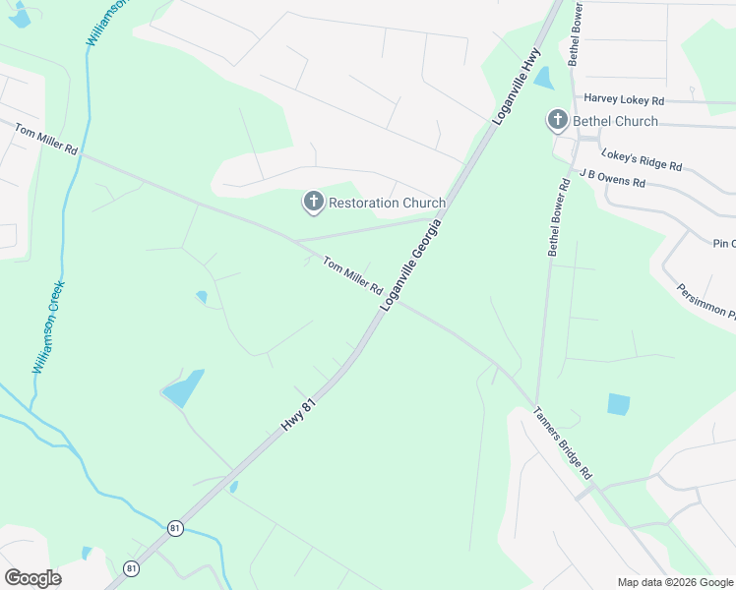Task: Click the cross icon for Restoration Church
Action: [313, 203]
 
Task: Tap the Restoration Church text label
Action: [387, 204]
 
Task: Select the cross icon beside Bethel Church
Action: [557, 121]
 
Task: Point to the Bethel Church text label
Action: [616, 122]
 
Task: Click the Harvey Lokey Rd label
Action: [624, 100]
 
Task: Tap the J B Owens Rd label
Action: [612, 177]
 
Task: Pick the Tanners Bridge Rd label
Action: [564, 443]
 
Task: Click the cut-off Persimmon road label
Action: [706, 303]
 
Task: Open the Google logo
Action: [32, 577]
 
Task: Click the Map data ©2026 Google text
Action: [675, 582]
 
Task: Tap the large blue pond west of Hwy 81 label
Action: [183, 388]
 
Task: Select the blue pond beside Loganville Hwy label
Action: [543, 79]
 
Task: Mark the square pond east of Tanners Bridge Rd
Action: [618, 403]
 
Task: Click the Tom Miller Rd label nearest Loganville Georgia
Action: [352, 276]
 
